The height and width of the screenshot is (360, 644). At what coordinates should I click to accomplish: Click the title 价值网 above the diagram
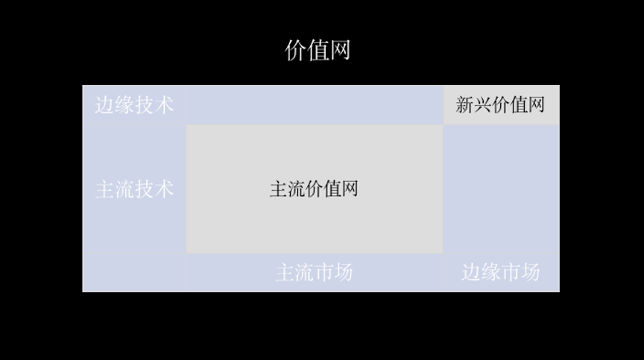318,50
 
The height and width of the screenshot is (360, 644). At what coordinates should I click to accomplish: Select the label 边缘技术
134,105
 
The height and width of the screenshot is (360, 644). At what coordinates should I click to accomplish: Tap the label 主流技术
134,189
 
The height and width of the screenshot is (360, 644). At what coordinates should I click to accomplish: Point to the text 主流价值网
314,189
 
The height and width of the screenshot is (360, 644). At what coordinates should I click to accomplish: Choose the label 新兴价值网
500,104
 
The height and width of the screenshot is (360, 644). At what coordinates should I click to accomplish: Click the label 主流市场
314,273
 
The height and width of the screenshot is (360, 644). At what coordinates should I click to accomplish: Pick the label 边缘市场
500,272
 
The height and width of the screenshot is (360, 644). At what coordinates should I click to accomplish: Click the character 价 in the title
296,50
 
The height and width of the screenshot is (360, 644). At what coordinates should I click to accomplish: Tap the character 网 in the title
340,50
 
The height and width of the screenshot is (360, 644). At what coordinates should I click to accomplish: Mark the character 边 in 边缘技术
105,105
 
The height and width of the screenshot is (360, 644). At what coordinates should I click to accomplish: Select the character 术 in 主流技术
164,189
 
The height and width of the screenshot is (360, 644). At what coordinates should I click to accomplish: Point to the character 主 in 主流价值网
279,189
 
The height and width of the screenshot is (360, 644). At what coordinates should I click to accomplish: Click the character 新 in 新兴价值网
465,104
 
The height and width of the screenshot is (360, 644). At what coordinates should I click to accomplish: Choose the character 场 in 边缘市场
530,272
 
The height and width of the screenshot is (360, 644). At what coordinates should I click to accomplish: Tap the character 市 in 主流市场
323,273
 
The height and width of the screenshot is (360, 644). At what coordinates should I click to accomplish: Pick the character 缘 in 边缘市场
490,272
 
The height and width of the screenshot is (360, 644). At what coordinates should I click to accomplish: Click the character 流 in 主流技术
124,189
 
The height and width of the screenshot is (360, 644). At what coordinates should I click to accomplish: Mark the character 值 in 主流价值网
332,189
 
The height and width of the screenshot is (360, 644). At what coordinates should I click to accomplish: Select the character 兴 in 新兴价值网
483,104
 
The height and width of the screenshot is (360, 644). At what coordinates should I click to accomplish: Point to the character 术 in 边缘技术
164,105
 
